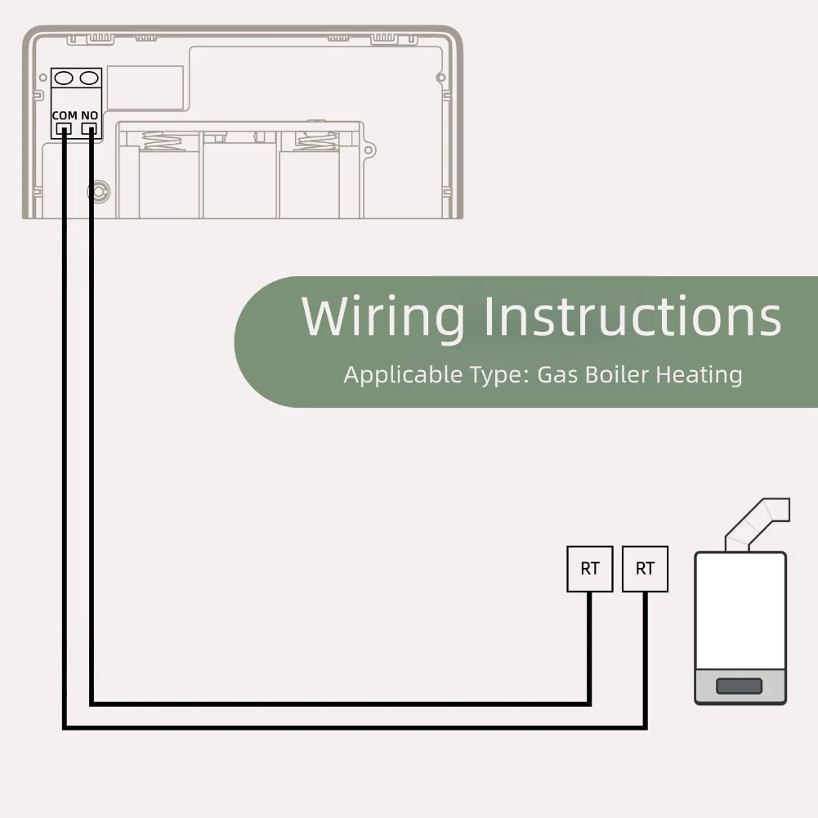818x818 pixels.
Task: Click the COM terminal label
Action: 64,116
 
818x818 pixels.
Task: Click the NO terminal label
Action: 89,116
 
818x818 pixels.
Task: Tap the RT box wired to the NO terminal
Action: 590,569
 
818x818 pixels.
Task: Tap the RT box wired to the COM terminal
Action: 645,569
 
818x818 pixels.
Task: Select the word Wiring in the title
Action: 383,317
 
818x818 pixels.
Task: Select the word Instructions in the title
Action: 632,317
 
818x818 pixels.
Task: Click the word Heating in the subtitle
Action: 700,375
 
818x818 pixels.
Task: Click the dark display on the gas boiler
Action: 739,686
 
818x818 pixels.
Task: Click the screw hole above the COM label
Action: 65,79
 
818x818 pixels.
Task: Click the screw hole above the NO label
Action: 89,79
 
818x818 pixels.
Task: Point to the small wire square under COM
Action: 64,129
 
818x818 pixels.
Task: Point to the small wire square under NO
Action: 89,129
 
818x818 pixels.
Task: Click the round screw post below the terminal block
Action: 99,192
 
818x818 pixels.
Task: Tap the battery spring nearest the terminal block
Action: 160,141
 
